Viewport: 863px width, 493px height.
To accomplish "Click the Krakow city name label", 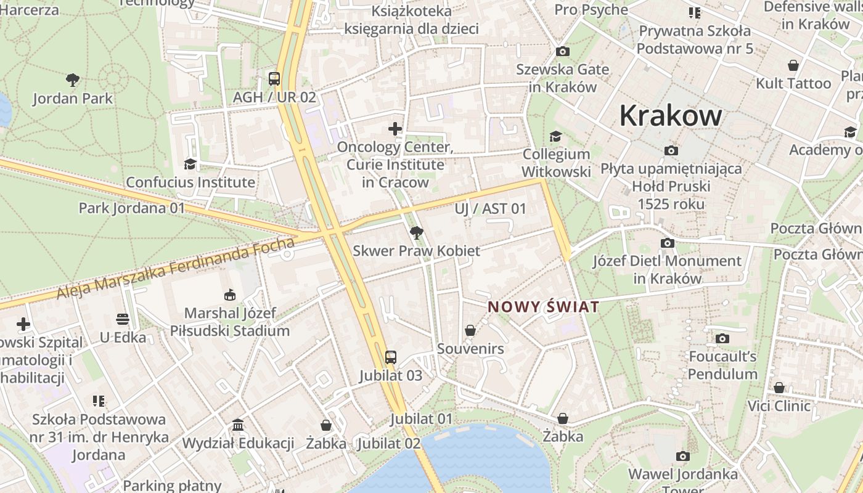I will (x=670, y=115).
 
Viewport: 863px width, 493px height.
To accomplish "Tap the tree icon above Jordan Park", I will (x=73, y=79).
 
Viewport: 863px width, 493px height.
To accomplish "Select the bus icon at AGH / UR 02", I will (x=274, y=79).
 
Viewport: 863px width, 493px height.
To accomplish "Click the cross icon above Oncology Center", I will (x=395, y=129).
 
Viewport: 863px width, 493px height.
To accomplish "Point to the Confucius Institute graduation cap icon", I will (x=190, y=164).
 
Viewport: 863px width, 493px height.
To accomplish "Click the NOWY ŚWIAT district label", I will (x=543, y=307).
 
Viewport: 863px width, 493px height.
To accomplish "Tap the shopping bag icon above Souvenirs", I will (x=470, y=331).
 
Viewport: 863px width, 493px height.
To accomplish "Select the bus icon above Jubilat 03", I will (x=391, y=357).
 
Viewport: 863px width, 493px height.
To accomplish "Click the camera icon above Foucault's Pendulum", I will (x=722, y=338).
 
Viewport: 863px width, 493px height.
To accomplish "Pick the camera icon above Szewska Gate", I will (x=562, y=52).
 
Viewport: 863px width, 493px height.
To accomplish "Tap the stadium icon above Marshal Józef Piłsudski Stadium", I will (x=230, y=295).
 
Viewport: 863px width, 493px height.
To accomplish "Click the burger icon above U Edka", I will (x=123, y=319).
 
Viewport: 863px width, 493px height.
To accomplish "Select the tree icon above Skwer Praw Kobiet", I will (x=416, y=232).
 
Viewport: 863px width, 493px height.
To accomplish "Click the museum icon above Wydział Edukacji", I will (x=238, y=425).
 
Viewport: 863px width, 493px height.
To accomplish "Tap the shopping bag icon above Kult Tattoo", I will (x=793, y=65).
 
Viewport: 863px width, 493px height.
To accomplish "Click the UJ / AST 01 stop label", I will (x=491, y=209).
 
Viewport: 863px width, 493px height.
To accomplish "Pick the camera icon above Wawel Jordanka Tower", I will (x=682, y=456).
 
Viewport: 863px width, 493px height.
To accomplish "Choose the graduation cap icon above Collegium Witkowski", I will (x=556, y=136).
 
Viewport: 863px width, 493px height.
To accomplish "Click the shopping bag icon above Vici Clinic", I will (x=779, y=388).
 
